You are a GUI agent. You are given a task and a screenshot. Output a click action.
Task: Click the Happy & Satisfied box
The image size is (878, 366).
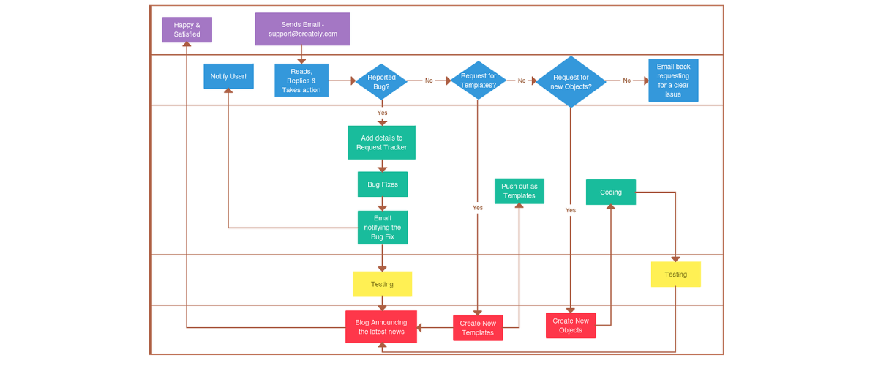pos(187,30)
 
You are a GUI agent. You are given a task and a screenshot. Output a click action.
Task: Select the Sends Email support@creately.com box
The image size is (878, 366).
pos(302,29)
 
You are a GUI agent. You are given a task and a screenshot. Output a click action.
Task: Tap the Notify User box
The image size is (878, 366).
pos(228,76)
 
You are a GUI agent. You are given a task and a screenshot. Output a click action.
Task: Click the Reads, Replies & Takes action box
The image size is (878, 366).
pos(301,81)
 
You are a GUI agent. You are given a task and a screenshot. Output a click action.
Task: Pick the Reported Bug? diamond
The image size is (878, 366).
pos(381,81)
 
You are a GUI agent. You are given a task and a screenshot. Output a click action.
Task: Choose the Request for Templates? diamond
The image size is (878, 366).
pos(478,81)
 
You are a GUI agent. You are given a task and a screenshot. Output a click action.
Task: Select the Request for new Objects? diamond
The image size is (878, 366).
pos(571,81)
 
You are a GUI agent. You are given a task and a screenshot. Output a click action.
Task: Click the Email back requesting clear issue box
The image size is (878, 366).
pos(673,81)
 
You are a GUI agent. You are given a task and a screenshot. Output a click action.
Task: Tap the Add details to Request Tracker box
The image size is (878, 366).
pos(381,143)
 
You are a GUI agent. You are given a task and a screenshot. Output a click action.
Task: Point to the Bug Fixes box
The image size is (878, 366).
pos(382,184)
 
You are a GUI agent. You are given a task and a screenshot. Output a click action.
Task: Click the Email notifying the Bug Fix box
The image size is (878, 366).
pos(382,228)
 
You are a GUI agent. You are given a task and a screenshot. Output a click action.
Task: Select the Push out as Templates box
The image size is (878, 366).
pos(519,191)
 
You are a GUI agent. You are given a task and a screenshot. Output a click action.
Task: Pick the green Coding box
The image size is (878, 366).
pos(610,193)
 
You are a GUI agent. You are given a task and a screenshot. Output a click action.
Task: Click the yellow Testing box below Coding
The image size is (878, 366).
pos(675,274)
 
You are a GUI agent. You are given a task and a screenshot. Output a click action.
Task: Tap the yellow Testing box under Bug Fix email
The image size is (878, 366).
pos(382,284)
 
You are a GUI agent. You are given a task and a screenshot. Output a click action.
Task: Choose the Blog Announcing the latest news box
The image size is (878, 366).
pos(380,326)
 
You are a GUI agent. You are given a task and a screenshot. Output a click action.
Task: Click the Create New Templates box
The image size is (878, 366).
pos(478,328)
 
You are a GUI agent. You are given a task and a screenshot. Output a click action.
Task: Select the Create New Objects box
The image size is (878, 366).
pos(570,326)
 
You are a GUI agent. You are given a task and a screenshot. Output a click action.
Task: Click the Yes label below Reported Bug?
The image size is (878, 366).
pos(382,113)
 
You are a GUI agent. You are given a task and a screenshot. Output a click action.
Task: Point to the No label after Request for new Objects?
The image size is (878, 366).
pos(626,81)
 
